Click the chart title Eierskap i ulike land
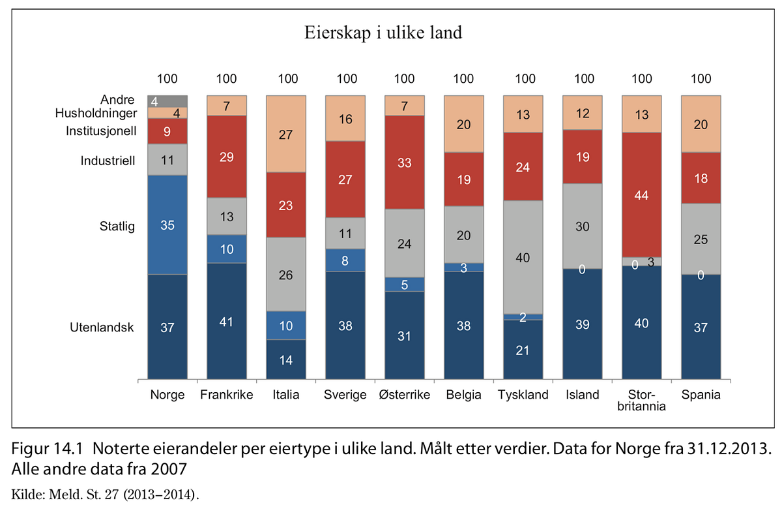(383, 33)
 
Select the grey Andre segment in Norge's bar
(167, 101)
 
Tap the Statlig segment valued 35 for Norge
(167, 224)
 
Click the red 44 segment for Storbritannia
(642, 194)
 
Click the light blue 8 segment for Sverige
(345, 260)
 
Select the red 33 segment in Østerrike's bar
(404, 163)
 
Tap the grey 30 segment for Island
(583, 226)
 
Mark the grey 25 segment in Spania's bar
(701, 239)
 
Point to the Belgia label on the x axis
(463, 395)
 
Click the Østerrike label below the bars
(404, 395)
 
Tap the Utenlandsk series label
(102, 328)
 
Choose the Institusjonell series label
(100, 131)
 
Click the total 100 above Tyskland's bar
(525, 79)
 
